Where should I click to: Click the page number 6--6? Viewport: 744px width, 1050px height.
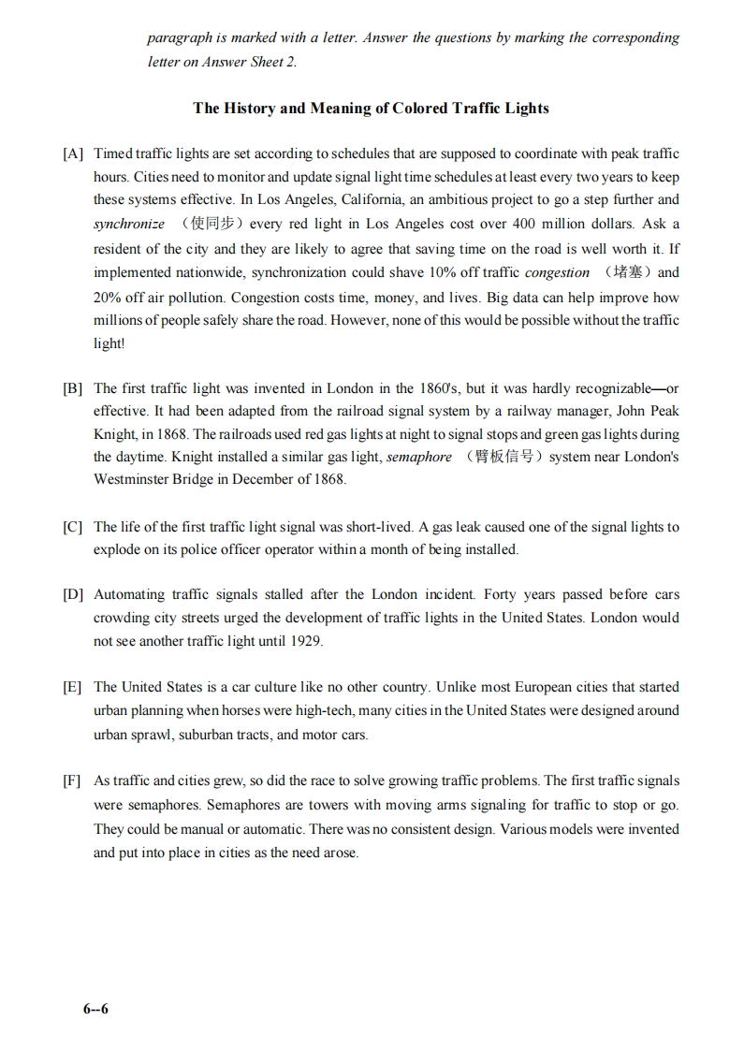click(95, 1009)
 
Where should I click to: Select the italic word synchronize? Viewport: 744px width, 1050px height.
click(129, 224)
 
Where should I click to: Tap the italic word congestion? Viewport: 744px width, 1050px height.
click(557, 272)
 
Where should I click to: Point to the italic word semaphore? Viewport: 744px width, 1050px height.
click(418, 457)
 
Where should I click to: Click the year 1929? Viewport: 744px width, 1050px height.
click(305, 641)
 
